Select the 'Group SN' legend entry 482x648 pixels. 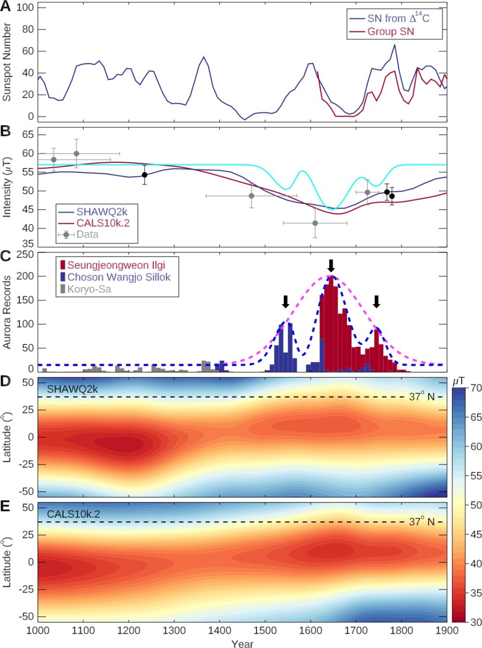click(390, 32)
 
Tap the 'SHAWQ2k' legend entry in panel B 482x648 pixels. click(102, 212)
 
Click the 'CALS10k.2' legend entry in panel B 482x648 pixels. click(103, 223)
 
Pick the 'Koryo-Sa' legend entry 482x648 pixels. click(89, 289)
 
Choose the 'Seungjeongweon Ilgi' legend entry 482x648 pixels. click(116, 265)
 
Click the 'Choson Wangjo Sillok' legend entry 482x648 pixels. click(119, 277)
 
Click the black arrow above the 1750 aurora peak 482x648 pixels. click(377, 302)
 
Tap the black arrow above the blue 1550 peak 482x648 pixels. click(285, 302)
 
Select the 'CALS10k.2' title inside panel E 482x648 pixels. click(73, 514)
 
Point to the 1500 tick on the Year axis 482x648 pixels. click(265, 630)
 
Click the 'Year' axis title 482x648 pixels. click(242, 644)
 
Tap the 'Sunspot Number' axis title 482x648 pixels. click(6, 62)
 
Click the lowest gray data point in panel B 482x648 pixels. click(315, 223)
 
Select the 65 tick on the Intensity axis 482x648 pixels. click(27, 134)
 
